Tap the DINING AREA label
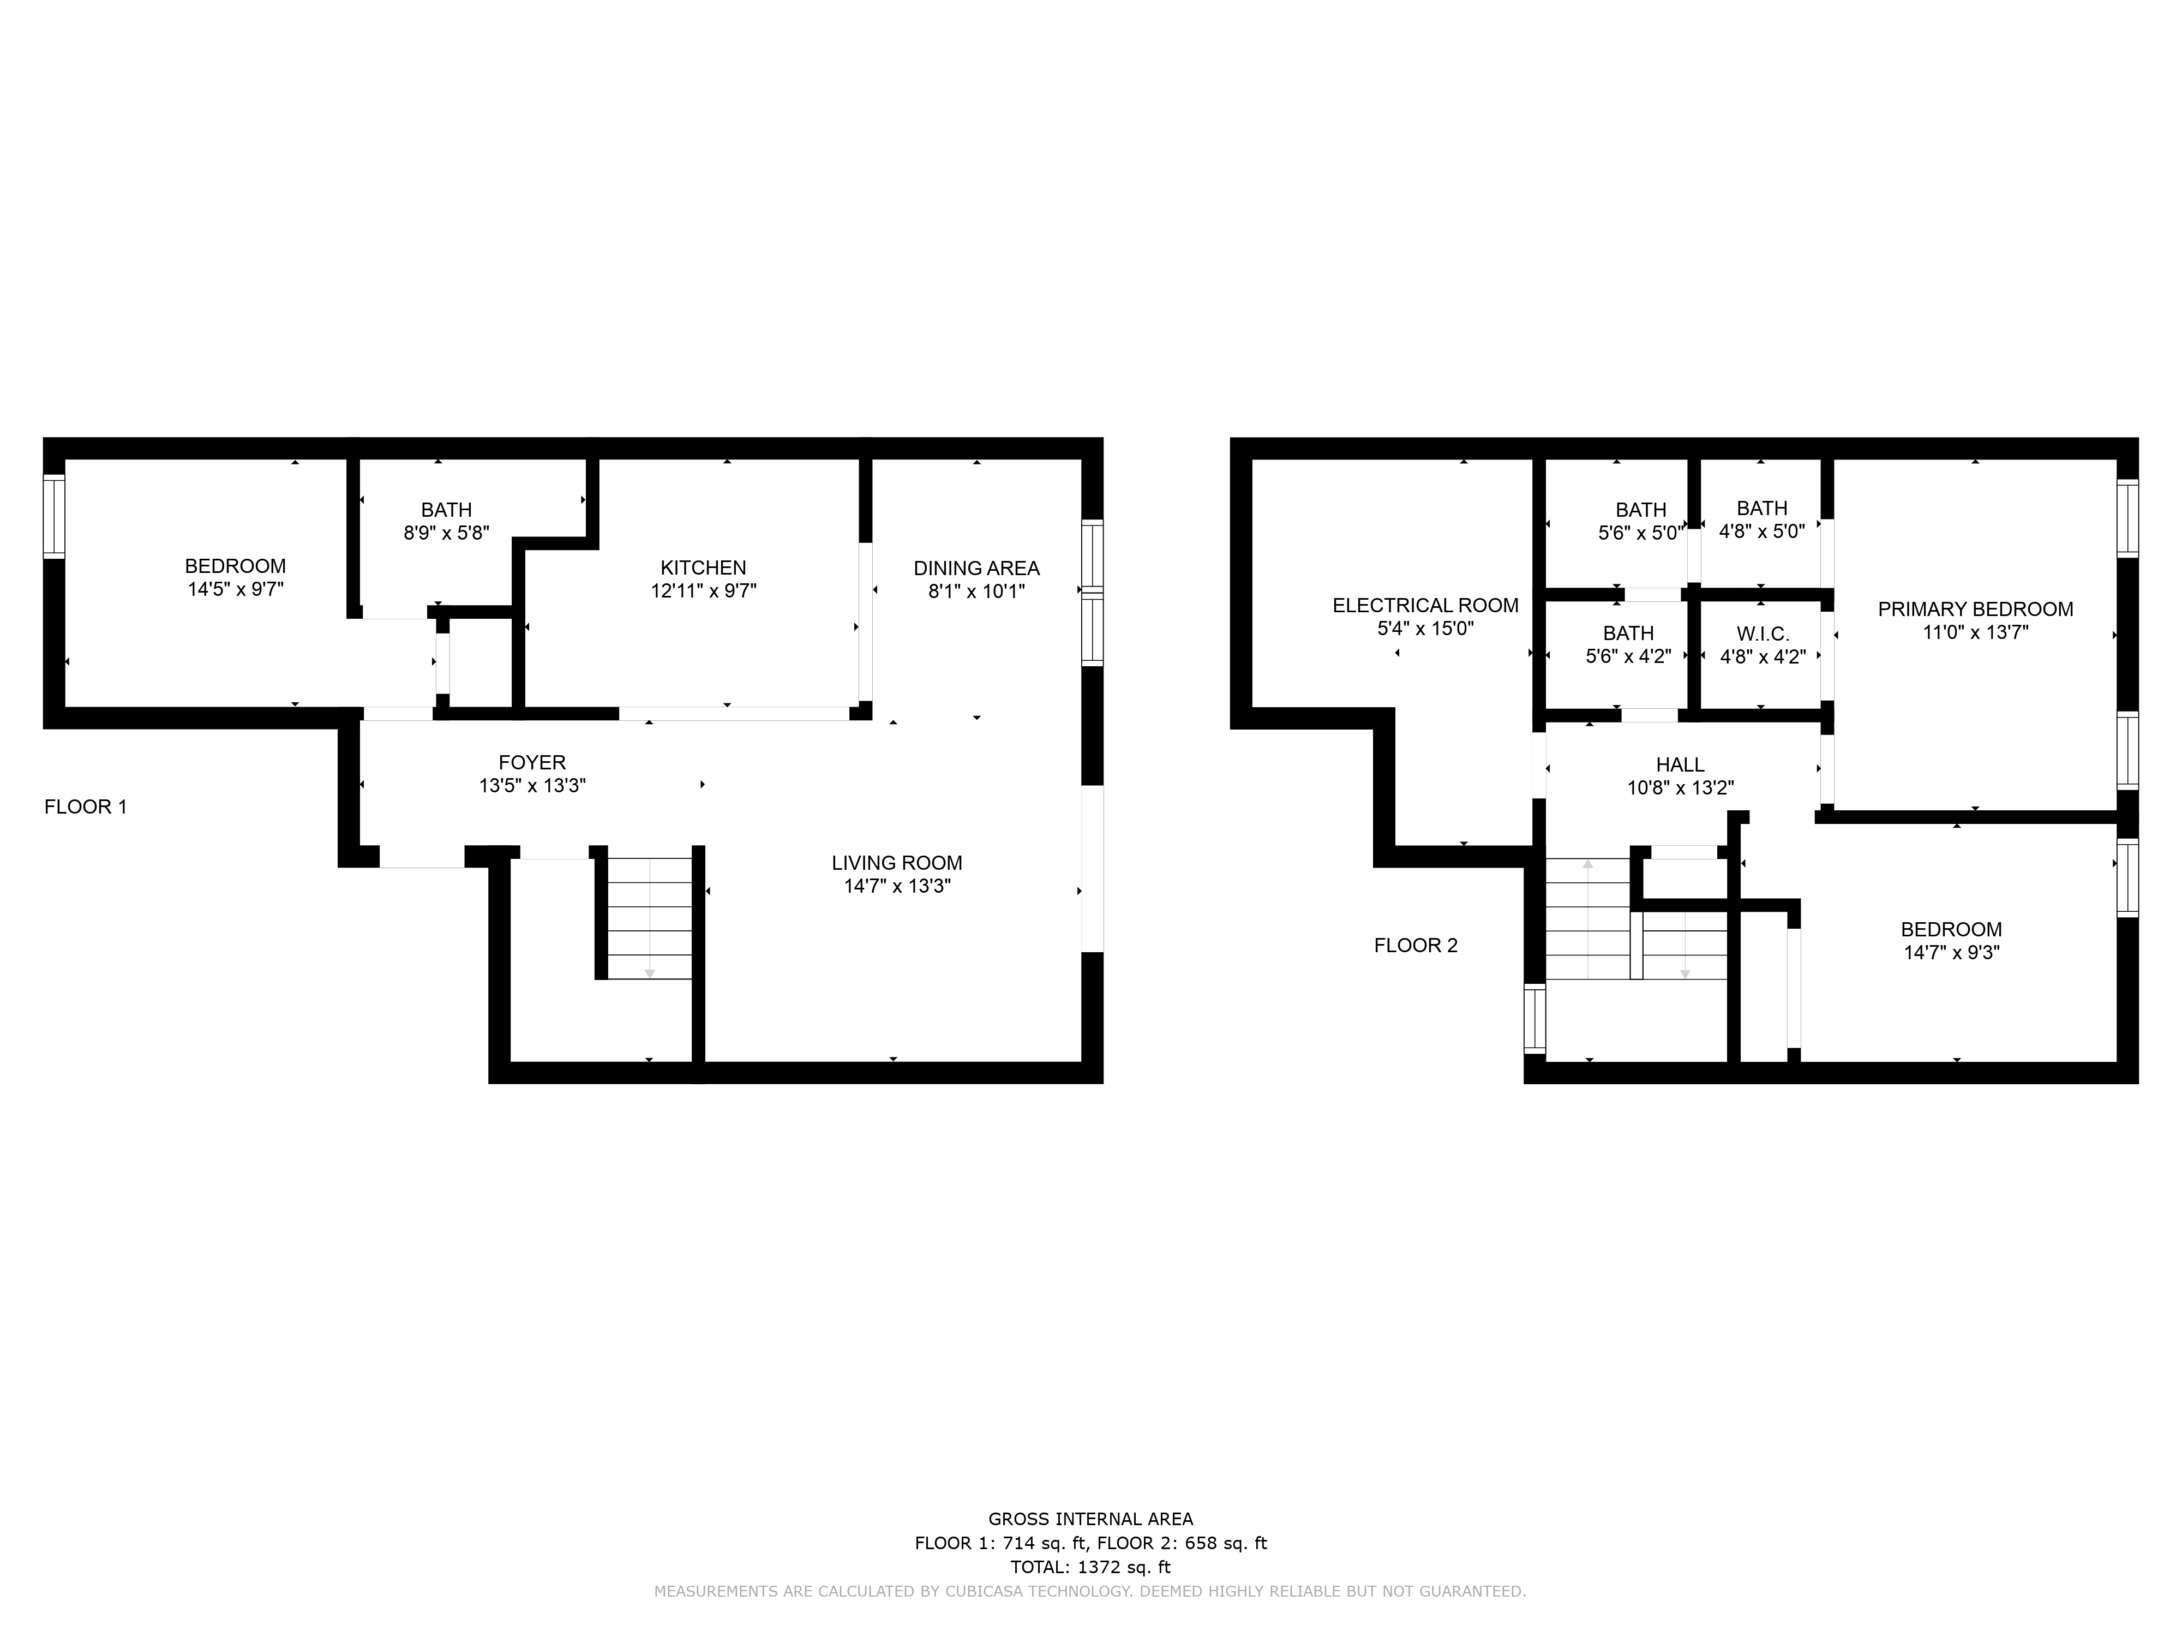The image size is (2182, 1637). coord(976,569)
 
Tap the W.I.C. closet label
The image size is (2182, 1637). coord(1763,634)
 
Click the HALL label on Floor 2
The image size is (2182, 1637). coord(1680,764)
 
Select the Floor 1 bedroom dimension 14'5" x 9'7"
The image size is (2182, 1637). coord(236,590)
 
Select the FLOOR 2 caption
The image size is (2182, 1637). coord(1416,945)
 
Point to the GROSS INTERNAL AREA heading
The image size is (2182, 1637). coord(1091,1520)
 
